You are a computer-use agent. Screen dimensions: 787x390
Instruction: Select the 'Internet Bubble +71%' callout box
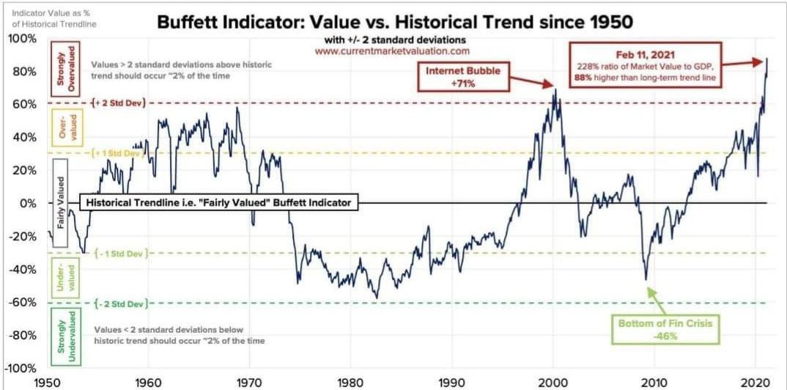[463, 77]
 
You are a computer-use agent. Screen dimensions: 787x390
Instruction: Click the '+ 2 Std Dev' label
[119, 103]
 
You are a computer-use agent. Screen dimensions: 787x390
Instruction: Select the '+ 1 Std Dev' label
[119, 154]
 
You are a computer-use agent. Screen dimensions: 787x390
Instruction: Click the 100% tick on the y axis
[21, 39]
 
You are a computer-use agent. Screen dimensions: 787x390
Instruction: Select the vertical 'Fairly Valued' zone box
[60, 203]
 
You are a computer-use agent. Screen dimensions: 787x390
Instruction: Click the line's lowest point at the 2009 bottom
[646, 279]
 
